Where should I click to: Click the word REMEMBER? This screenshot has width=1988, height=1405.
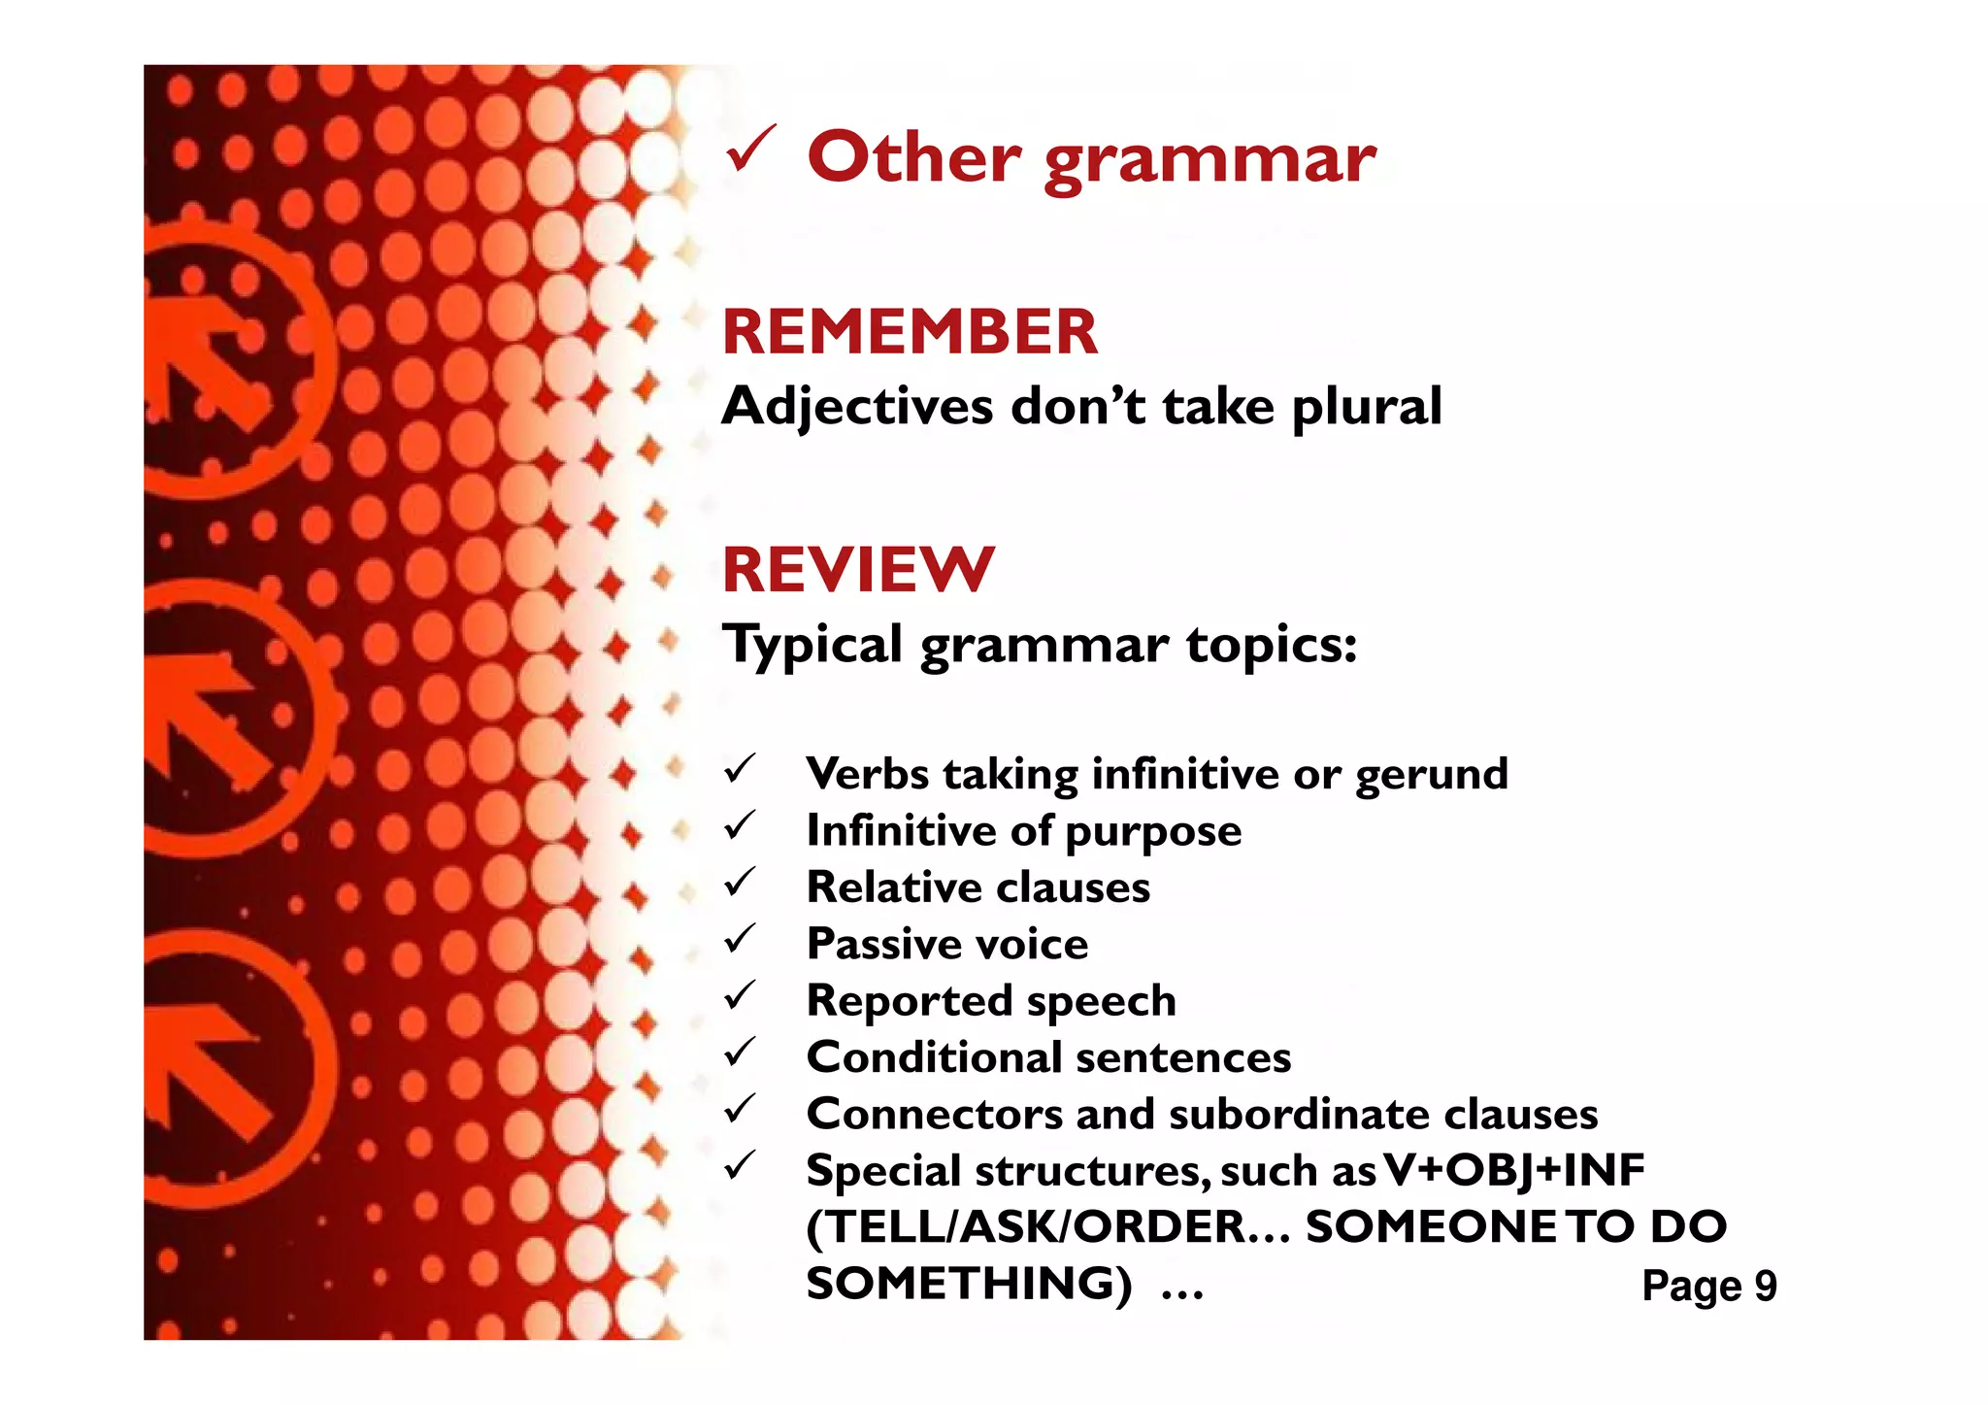(x=910, y=332)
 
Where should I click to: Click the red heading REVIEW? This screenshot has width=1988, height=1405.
(x=858, y=570)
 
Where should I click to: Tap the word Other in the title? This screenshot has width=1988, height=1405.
(x=913, y=157)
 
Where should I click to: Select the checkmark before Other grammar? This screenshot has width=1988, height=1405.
(x=749, y=150)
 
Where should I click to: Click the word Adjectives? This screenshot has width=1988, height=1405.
(x=857, y=406)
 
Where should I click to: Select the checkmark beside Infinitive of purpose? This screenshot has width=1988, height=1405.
(x=740, y=827)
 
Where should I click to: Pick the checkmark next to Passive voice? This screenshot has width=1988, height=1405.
(x=740, y=940)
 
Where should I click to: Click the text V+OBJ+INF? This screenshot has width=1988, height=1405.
(x=1514, y=1170)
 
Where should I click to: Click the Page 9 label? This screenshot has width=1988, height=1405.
(x=1708, y=1286)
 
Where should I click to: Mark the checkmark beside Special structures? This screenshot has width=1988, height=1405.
(x=740, y=1165)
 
